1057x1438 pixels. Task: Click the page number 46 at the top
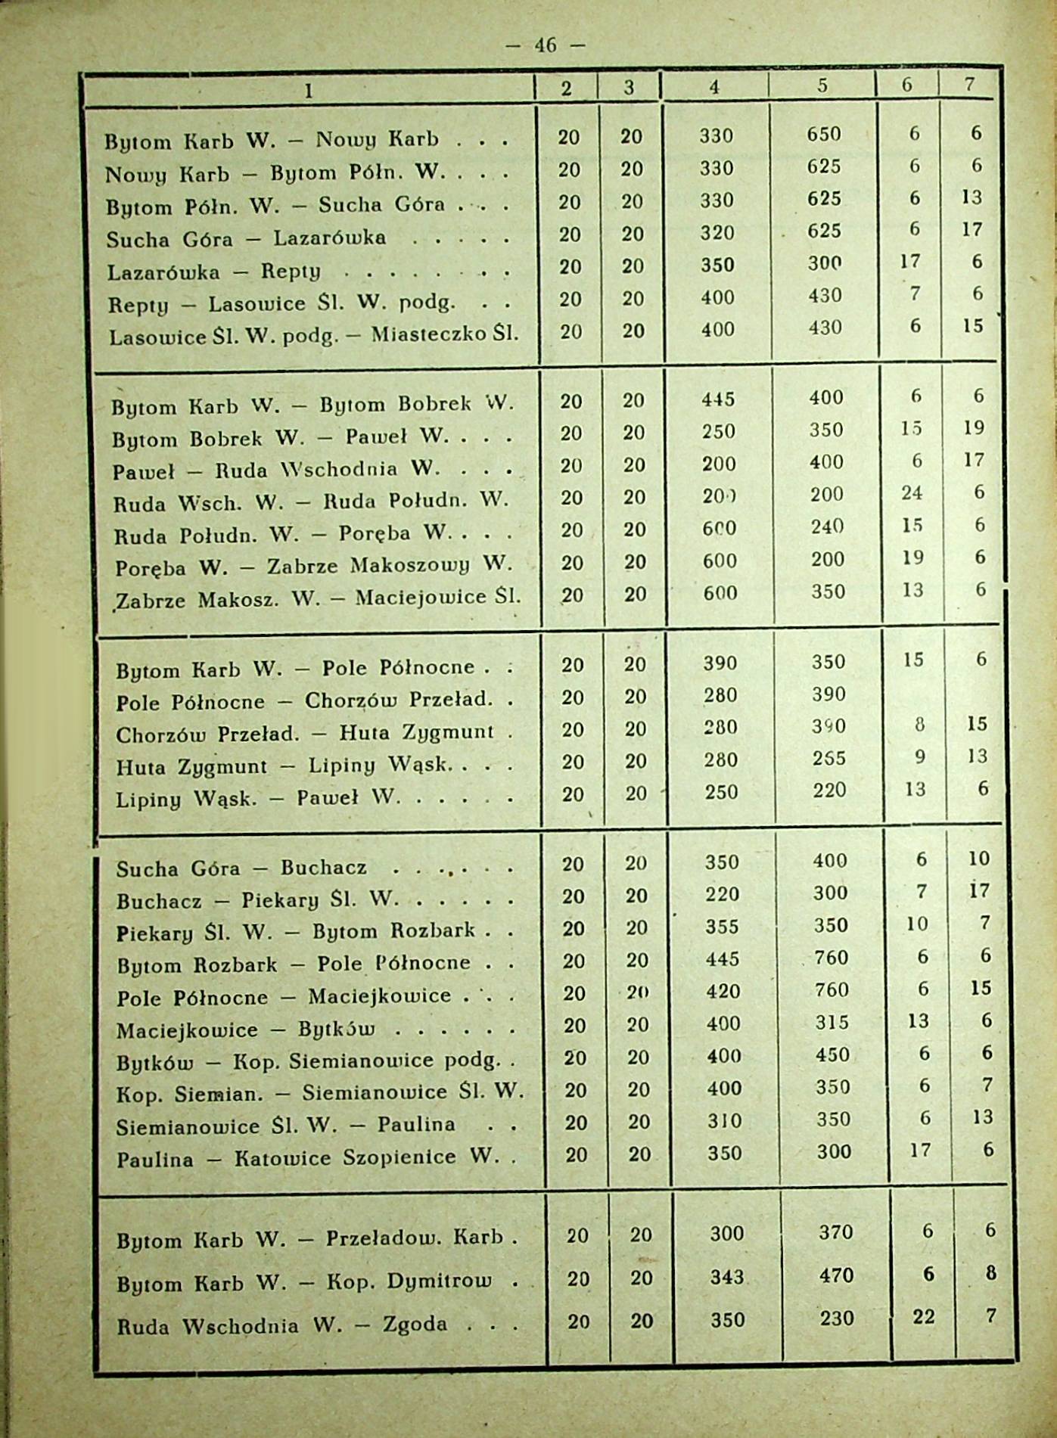click(545, 45)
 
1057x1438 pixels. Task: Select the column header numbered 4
click(713, 87)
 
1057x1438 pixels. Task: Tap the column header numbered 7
click(969, 85)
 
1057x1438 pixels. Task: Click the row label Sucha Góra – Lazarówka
click(246, 239)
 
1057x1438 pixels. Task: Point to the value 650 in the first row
click(824, 134)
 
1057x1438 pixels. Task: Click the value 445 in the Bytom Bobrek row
click(718, 399)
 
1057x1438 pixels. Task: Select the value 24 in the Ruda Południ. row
click(912, 493)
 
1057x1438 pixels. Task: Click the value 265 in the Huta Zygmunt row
click(829, 758)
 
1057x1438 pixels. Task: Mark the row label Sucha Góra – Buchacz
click(241, 868)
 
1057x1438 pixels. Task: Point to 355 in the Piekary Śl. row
click(722, 927)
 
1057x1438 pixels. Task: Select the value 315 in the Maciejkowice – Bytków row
click(832, 1022)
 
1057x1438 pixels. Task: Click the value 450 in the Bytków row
click(832, 1054)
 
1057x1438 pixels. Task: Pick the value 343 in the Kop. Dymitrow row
click(726, 1277)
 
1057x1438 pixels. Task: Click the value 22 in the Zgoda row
click(923, 1317)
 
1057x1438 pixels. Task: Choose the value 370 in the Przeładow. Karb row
click(835, 1233)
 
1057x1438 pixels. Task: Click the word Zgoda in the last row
click(415, 1324)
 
